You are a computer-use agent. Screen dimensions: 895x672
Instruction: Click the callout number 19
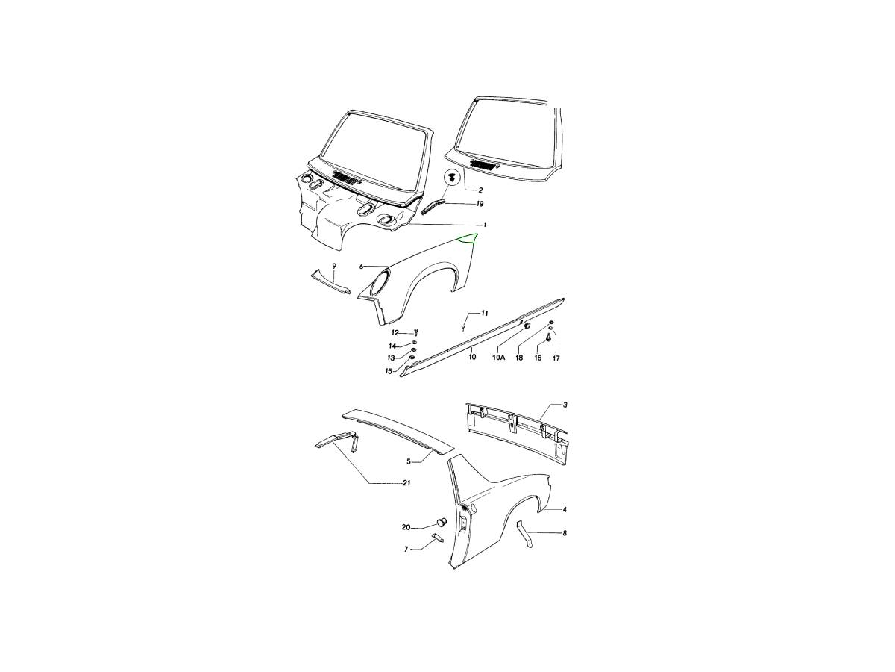(480, 204)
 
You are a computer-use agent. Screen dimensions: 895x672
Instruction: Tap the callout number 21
(406, 483)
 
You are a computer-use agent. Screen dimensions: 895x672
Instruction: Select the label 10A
(499, 358)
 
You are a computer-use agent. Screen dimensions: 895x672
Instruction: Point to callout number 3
(565, 405)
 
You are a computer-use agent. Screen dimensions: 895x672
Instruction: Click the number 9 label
(334, 266)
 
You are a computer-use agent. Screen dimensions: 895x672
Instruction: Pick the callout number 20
(406, 528)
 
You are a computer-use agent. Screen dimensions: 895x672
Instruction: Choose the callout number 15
(389, 371)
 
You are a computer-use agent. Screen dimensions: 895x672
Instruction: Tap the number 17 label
(556, 358)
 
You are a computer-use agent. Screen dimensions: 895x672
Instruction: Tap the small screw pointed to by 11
(463, 328)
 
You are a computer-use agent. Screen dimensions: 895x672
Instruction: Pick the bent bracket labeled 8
(524, 535)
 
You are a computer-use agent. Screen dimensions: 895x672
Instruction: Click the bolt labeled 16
(548, 337)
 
